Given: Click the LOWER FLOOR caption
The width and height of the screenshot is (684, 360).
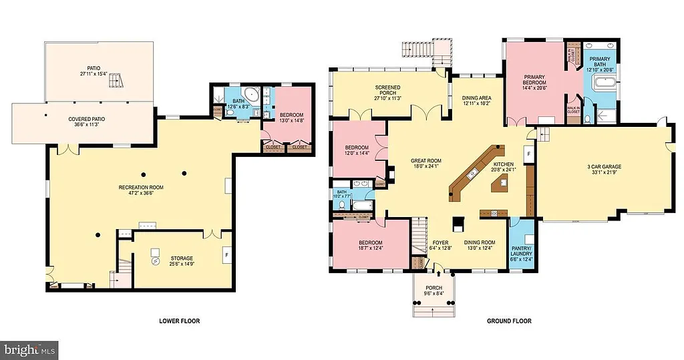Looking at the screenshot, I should [179, 321].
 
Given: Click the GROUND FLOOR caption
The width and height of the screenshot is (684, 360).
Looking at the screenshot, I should [509, 321].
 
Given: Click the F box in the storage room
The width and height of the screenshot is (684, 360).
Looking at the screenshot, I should [227, 254].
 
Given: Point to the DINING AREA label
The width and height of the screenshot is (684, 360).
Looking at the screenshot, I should [476, 101].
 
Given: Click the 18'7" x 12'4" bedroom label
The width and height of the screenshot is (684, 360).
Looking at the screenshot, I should [370, 245].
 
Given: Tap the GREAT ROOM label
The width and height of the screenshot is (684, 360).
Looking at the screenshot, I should [425, 164].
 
